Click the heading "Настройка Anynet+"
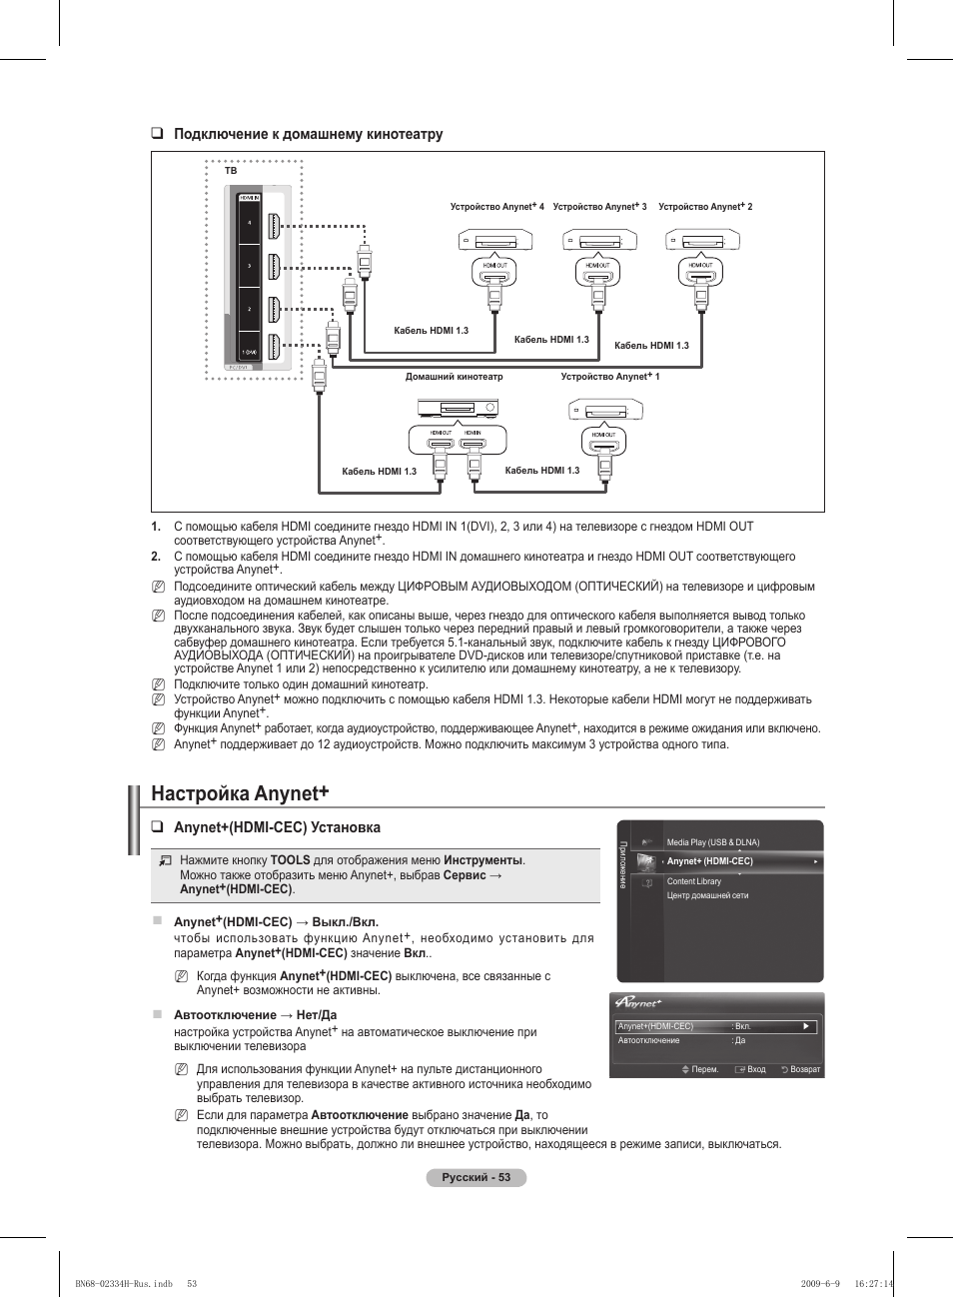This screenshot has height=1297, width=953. (240, 793)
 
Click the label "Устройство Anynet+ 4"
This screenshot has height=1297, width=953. (496, 207)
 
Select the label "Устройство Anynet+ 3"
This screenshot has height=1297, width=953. (599, 207)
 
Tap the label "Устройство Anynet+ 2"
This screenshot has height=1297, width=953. (705, 207)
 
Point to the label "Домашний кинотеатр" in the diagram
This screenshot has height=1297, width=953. (454, 377)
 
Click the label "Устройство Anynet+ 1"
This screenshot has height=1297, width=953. (610, 377)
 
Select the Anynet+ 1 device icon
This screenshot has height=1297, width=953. (605, 411)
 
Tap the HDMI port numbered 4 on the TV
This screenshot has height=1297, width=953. (274, 223)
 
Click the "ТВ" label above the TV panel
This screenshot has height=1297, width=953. (231, 171)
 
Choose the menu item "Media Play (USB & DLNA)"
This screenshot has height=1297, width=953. (712, 842)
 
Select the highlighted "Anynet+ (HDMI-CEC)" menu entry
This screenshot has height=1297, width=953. (710, 861)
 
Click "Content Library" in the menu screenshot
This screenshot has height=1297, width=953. (693, 881)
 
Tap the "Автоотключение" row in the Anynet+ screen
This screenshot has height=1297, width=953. (649, 1040)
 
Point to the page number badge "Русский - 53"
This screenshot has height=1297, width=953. (476, 1177)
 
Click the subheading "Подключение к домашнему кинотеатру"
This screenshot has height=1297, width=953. (308, 134)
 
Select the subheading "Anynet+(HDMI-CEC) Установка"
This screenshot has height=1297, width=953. (277, 827)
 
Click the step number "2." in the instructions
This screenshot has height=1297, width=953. (156, 557)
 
